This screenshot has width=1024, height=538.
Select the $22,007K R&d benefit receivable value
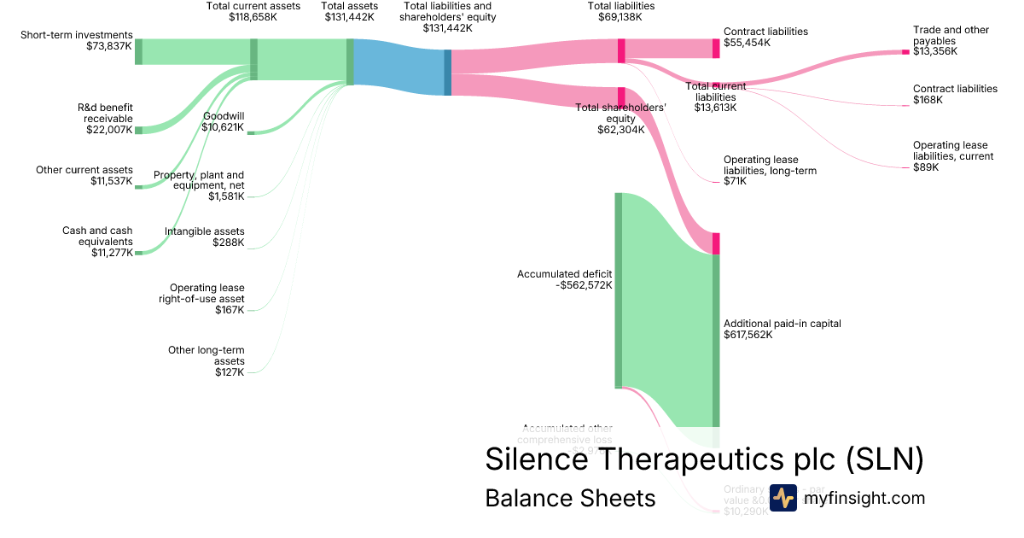(x=109, y=130)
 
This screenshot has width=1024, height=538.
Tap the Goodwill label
(x=224, y=116)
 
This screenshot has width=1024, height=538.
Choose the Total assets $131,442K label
(x=349, y=11)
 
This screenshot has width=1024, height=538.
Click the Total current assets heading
(x=253, y=6)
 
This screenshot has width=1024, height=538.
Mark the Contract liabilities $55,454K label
(x=765, y=37)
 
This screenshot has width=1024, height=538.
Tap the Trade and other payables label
(x=951, y=35)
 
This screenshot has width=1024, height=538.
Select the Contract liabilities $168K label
(x=954, y=94)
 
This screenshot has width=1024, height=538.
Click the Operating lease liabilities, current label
(x=952, y=156)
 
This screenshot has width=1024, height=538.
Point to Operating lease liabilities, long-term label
(x=770, y=171)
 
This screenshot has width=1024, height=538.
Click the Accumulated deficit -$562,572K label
(x=564, y=280)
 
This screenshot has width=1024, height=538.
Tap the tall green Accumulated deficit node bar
(x=618, y=290)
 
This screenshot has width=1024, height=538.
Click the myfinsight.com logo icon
(x=783, y=498)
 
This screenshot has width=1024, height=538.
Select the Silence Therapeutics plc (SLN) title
(x=704, y=459)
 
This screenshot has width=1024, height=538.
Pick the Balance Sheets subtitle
(x=570, y=499)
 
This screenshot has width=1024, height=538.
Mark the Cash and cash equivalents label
(x=97, y=242)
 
